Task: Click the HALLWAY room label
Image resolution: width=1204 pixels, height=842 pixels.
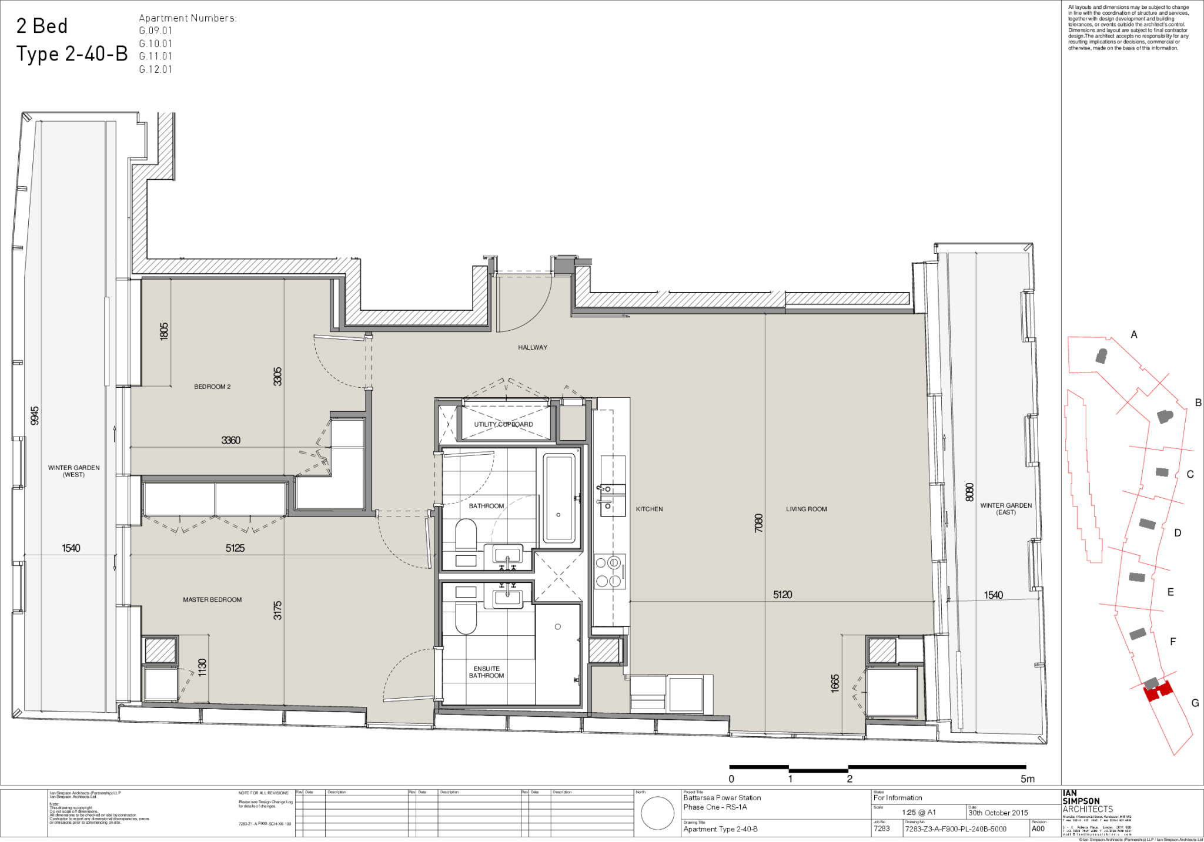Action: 533,347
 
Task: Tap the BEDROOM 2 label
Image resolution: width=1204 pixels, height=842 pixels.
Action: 212,387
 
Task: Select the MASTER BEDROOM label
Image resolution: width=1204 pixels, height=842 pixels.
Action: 212,599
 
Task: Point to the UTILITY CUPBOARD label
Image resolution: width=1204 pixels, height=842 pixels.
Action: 504,424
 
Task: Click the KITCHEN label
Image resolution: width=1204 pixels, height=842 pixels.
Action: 649,509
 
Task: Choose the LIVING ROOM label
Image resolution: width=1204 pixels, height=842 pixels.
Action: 806,509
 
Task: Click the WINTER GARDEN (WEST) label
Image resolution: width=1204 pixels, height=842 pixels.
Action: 73,471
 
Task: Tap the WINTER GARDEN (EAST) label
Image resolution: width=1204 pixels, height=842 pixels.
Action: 1006,508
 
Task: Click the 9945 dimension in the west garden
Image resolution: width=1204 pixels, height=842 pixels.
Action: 35,415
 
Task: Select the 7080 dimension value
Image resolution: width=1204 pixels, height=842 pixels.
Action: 758,523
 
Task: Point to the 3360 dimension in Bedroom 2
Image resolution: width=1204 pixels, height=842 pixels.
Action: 230,440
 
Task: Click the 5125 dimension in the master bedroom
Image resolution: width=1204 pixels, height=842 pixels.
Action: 235,548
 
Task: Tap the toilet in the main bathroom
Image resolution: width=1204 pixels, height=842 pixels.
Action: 466,534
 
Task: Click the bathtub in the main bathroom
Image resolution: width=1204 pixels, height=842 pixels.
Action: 559,497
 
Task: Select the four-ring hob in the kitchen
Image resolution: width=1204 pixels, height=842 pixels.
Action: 608,572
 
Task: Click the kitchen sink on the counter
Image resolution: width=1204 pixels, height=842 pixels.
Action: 611,497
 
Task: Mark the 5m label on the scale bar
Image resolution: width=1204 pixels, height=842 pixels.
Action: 1027,779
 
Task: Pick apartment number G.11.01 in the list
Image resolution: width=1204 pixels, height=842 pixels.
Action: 155,56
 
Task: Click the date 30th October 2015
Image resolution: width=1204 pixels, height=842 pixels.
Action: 998,813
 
